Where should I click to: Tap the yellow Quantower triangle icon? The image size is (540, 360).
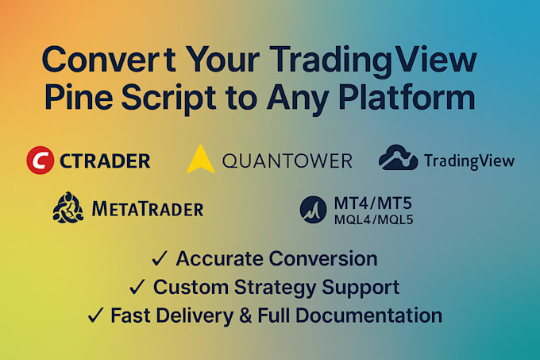(x=201, y=159)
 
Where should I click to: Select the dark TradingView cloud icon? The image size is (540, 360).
(x=399, y=158)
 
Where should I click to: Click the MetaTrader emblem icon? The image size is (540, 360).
(x=67, y=208)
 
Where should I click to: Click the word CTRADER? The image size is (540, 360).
(x=105, y=161)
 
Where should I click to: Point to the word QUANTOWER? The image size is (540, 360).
(x=287, y=161)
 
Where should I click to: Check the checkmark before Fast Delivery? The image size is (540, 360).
(x=96, y=315)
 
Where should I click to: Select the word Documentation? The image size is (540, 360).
(x=377, y=315)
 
